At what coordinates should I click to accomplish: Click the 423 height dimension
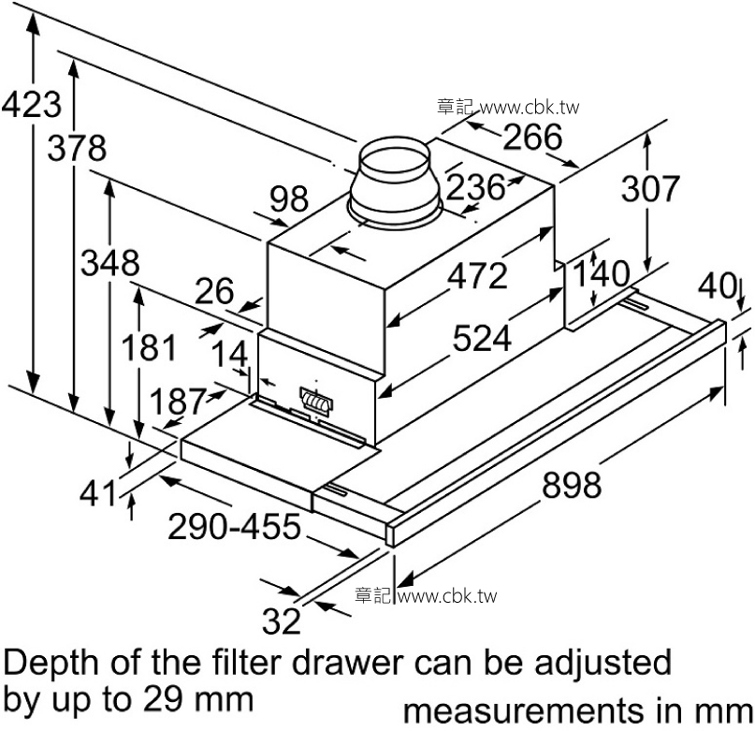[32, 104]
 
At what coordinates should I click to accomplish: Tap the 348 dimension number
[109, 263]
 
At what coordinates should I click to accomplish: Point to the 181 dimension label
[148, 348]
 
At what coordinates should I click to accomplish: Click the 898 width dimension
[571, 486]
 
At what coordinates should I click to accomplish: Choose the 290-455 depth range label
[234, 528]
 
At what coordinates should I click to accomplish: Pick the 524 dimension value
[482, 338]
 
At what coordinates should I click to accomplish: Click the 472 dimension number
[476, 276]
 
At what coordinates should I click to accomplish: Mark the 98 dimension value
[289, 199]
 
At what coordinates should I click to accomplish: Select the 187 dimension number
[177, 402]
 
